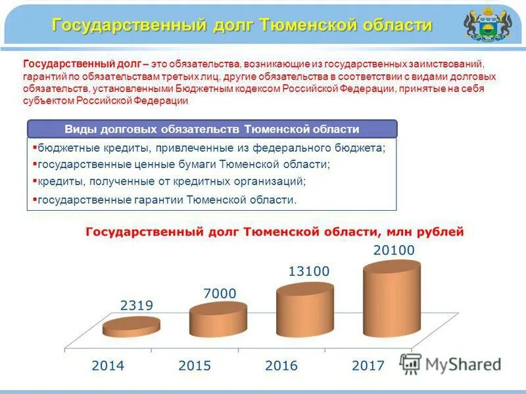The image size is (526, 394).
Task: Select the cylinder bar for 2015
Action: (x=218, y=319)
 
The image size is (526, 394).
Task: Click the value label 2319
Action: (x=137, y=305)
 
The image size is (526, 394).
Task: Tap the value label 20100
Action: (x=394, y=250)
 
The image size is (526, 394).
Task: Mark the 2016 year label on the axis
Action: (x=281, y=365)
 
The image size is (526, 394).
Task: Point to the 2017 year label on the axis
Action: (x=368, y=365)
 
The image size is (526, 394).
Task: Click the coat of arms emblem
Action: (x=487, y=24)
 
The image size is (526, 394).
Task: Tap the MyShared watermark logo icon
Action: (x=410, y=365)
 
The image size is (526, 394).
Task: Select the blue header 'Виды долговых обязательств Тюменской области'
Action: (x=212, y=129)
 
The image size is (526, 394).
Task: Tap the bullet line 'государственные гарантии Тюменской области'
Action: (x=166, y=200)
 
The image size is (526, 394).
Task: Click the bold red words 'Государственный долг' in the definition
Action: (x=82, y=64)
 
